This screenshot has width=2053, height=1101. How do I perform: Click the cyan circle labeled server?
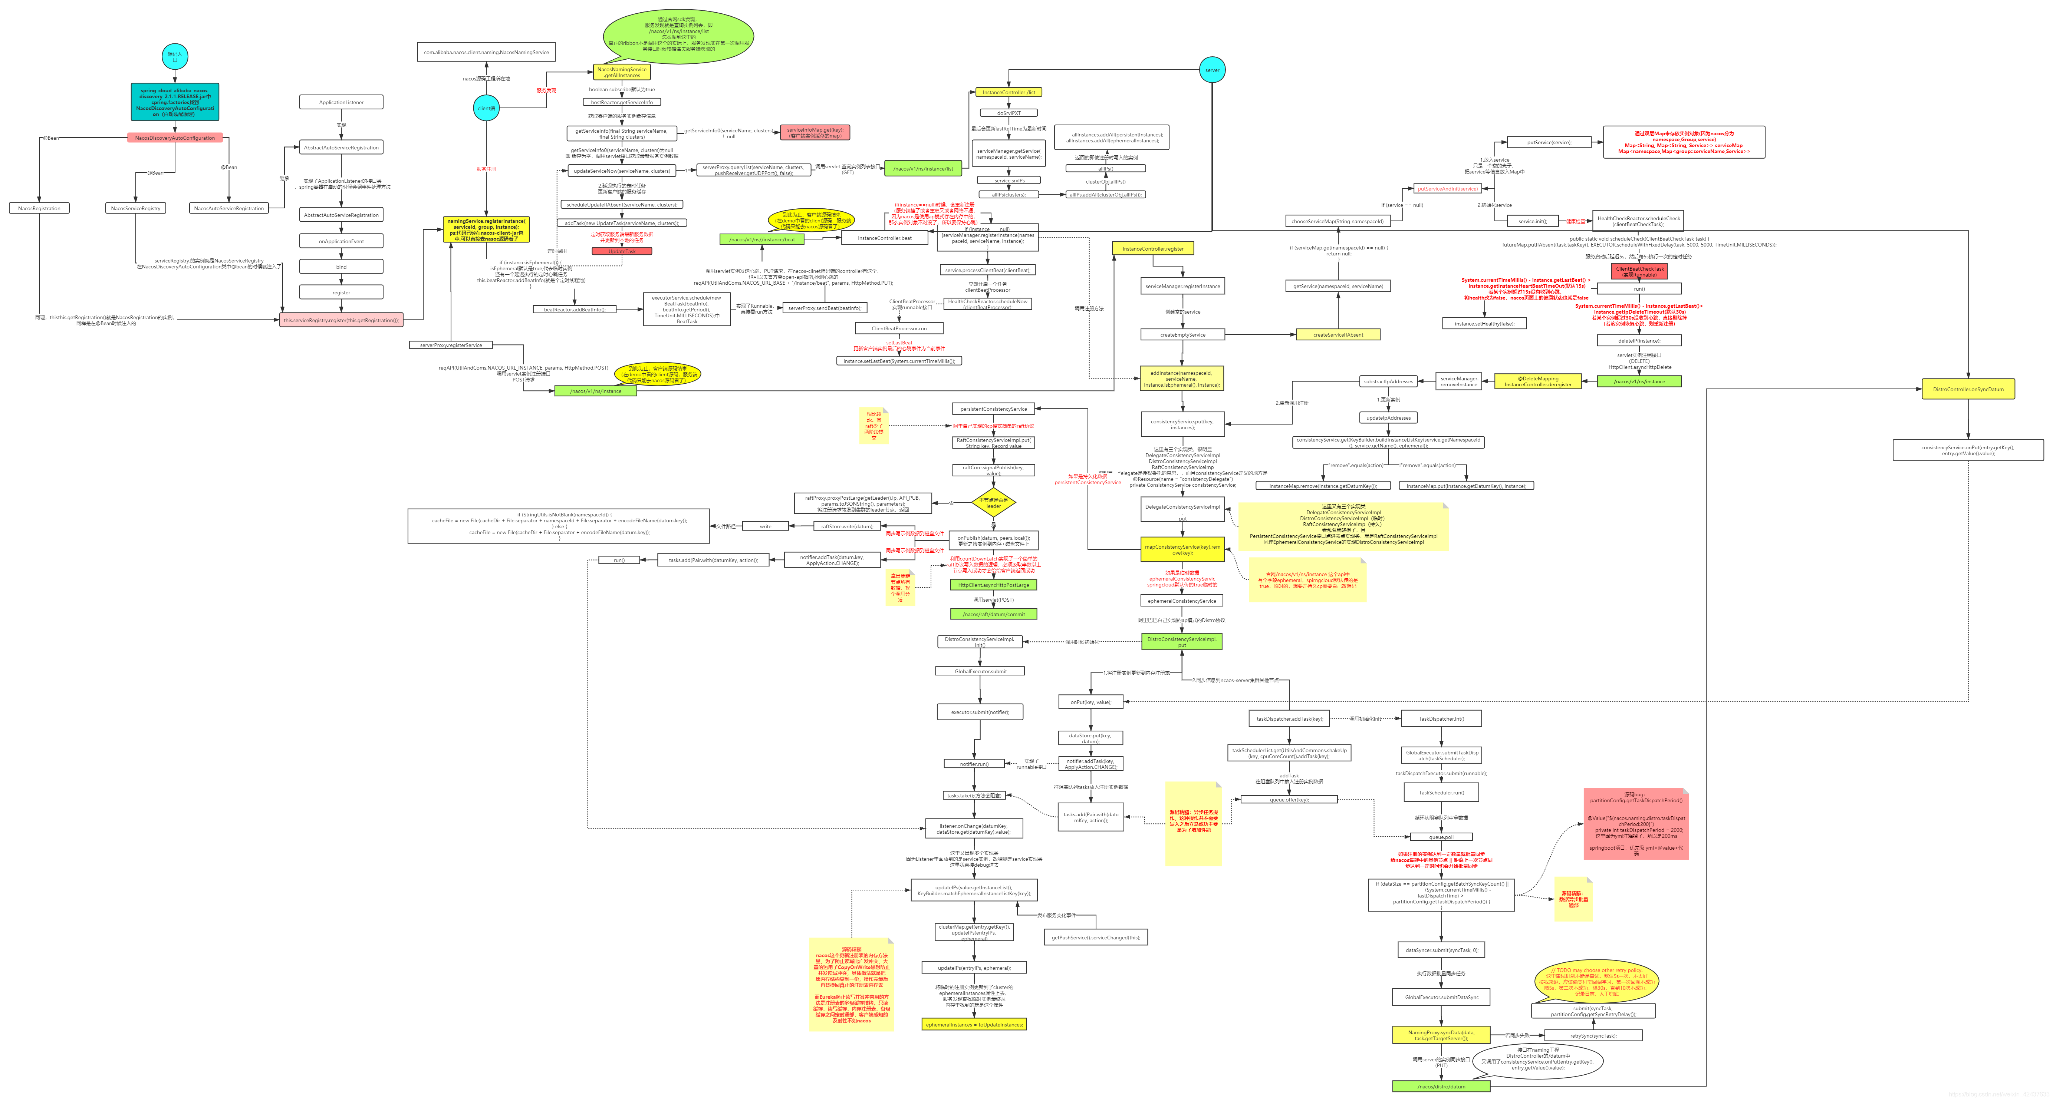click(x=1211, y=70)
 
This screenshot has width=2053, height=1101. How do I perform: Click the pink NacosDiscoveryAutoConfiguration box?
click(x=175, y=138)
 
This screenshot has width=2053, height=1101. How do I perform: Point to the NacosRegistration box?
click(x=39, y=208)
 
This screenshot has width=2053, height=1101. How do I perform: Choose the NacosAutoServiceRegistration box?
click(x=229, y=208)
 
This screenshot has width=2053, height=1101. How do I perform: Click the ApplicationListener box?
click(x=341, y=102)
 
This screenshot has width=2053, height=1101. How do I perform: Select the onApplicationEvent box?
click(x=341, y=241)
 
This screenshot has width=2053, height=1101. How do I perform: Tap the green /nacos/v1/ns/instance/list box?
click(x=923, y=168)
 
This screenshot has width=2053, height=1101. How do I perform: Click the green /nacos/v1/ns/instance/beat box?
click(x=762, y=239)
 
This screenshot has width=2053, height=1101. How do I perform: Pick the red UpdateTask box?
click(x=622, y=251)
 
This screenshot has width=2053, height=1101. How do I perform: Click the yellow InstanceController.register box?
click(x=1152, y=249)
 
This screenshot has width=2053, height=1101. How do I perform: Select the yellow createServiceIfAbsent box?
click(x=1337, y=335)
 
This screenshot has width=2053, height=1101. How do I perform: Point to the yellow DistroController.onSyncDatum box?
click(x=1968, y=389)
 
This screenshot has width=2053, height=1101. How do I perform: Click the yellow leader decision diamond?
click(x=993, y=503)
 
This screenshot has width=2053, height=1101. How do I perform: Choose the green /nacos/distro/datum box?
click(x=1441, y=1086)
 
